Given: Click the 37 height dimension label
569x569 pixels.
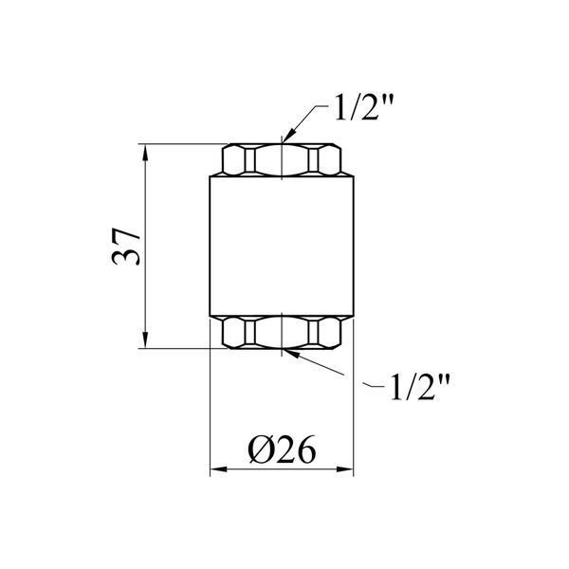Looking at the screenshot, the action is [x=125, y=247].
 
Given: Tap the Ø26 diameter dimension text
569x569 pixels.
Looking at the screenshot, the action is [x=282, y=449].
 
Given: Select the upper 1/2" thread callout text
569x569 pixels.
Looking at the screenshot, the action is [x=364, y=107].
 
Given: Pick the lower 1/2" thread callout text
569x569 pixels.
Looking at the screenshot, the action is [x=419, y=387].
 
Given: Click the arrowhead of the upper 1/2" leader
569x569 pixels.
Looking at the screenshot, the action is [x=287, y=137].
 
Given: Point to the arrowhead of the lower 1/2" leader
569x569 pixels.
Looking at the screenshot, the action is [x=291, y=353].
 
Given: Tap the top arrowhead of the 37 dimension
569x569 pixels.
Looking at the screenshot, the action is [x=145, y=152].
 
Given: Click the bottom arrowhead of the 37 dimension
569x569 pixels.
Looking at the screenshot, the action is [x=145, y=340].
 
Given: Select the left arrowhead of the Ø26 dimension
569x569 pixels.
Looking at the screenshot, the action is [x=218, y=469].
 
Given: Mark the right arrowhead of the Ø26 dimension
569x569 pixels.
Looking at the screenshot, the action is [x=345, y=469].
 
